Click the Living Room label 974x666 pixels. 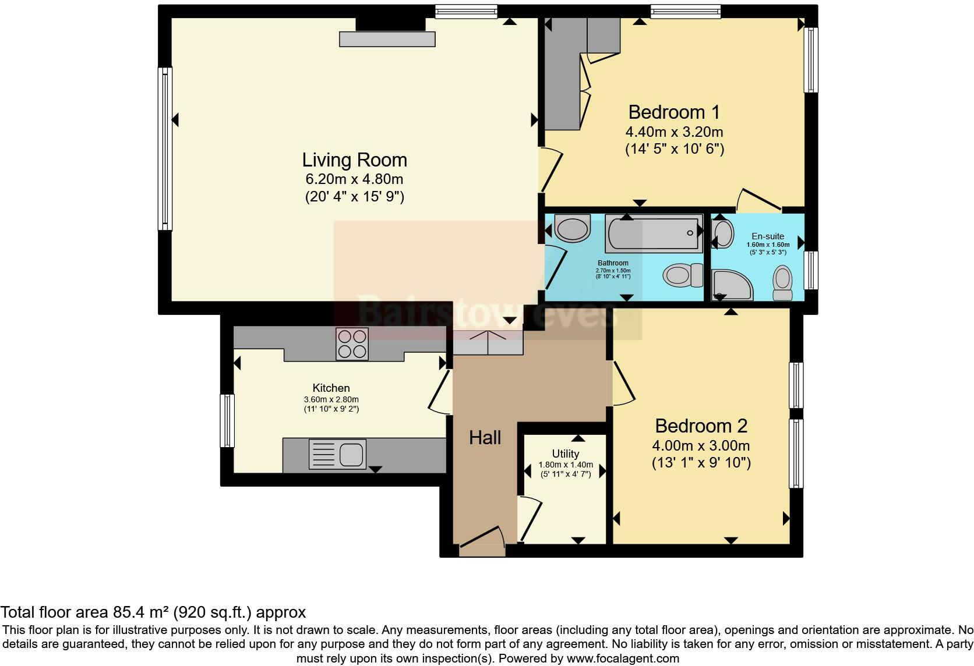(354, 160)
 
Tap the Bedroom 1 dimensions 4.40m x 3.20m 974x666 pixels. (674, 132)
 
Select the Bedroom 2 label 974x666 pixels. (701, 426)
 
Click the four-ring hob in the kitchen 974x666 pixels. (352, 343)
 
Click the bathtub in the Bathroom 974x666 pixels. (654, 233)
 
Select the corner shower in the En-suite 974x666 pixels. (730, 285)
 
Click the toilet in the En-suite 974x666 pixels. (782, 283)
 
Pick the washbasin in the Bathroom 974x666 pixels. (572, 228)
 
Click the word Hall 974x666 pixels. (485, 438)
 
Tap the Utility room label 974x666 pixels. (565, 454)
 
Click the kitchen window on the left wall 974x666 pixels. (227, 421)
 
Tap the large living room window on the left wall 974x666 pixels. (165, 148)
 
